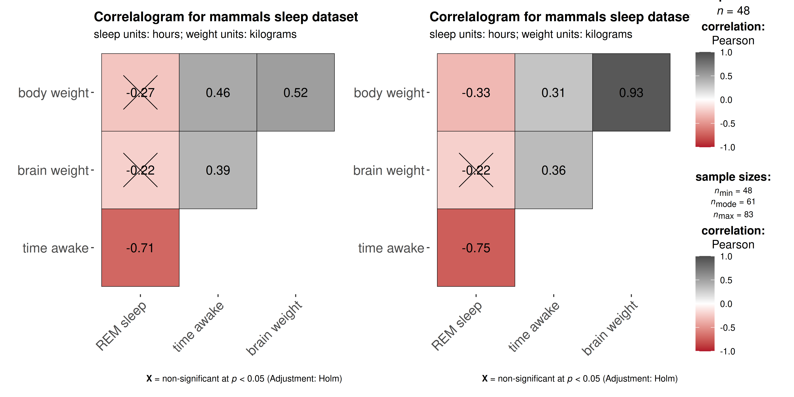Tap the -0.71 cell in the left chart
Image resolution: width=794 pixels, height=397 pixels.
tap(140, 248)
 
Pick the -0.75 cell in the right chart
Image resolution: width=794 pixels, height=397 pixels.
tap(476, 248)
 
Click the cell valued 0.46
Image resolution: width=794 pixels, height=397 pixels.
tap(218, 93)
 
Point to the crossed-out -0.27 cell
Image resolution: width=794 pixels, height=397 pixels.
tap(140, 93)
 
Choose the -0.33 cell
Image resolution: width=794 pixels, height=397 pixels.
tap(476, 93)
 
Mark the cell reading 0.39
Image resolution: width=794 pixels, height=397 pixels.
tap(218, 170)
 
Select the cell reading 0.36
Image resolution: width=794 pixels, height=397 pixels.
tap(554, 170)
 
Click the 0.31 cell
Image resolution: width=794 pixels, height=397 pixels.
tap(554, 93)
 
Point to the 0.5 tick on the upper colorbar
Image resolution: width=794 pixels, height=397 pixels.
tap(726, 76)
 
